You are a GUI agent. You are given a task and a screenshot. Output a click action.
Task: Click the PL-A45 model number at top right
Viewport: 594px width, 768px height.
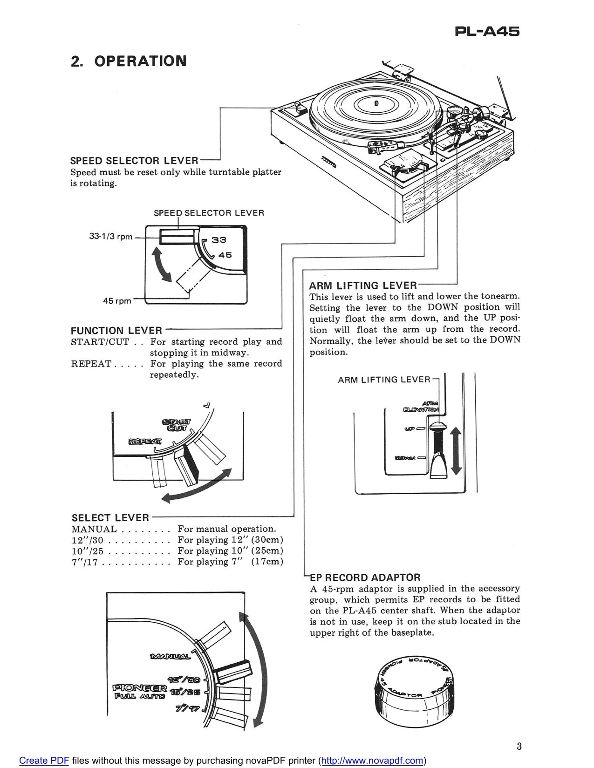pyautogui.click(x=486, y=32)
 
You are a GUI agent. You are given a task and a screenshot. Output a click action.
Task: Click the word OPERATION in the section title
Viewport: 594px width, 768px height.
pyautogui.click(x=140, y=61)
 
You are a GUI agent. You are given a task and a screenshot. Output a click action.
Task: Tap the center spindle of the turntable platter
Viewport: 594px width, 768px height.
pyautogui.click(x=376, y=102)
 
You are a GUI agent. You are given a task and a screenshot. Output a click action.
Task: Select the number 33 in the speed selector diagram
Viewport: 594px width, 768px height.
pyautogui.click(x=219, y=240)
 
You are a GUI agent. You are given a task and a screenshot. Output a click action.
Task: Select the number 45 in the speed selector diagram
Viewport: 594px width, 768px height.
pyautogui.click(x=225, y=255)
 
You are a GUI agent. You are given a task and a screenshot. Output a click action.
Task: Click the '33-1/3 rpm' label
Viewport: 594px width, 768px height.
pyautogui.click(x=111, y=237)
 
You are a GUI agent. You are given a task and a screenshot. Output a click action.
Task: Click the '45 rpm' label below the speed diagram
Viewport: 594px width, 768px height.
pyautogui.click(x=117, y=301)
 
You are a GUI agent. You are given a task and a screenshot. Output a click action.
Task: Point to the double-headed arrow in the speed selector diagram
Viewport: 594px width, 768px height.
pyautogui.click(x=162, y=265)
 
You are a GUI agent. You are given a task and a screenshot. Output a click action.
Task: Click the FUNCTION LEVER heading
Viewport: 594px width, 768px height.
pyautogui.click(x=116, y=331)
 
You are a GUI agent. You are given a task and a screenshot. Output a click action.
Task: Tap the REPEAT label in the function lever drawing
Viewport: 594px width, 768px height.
pyautogui.click(x=145, y=441)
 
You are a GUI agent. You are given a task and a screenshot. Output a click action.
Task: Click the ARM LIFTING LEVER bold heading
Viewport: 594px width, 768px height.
pyautogui.click(x=363, y=285)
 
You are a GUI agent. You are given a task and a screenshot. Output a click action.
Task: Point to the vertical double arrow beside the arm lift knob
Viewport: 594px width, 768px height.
pyautogui.click(x=456, y=451)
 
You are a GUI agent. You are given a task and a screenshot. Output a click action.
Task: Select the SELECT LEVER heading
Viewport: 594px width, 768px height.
pyautogui.click(x=110, y=518)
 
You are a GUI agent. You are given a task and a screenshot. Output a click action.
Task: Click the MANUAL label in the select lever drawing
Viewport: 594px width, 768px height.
pyautogui.click(x=170, y=657)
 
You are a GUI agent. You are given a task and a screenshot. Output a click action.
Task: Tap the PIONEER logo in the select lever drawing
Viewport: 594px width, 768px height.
pyautogui.click(x=140, y=688)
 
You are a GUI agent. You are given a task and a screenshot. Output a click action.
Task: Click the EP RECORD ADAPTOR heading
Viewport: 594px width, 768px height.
pyautogui.click(x=366, y=578)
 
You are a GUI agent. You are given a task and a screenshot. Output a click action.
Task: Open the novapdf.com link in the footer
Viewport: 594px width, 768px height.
pyautogui.click(x=372, y=761)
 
